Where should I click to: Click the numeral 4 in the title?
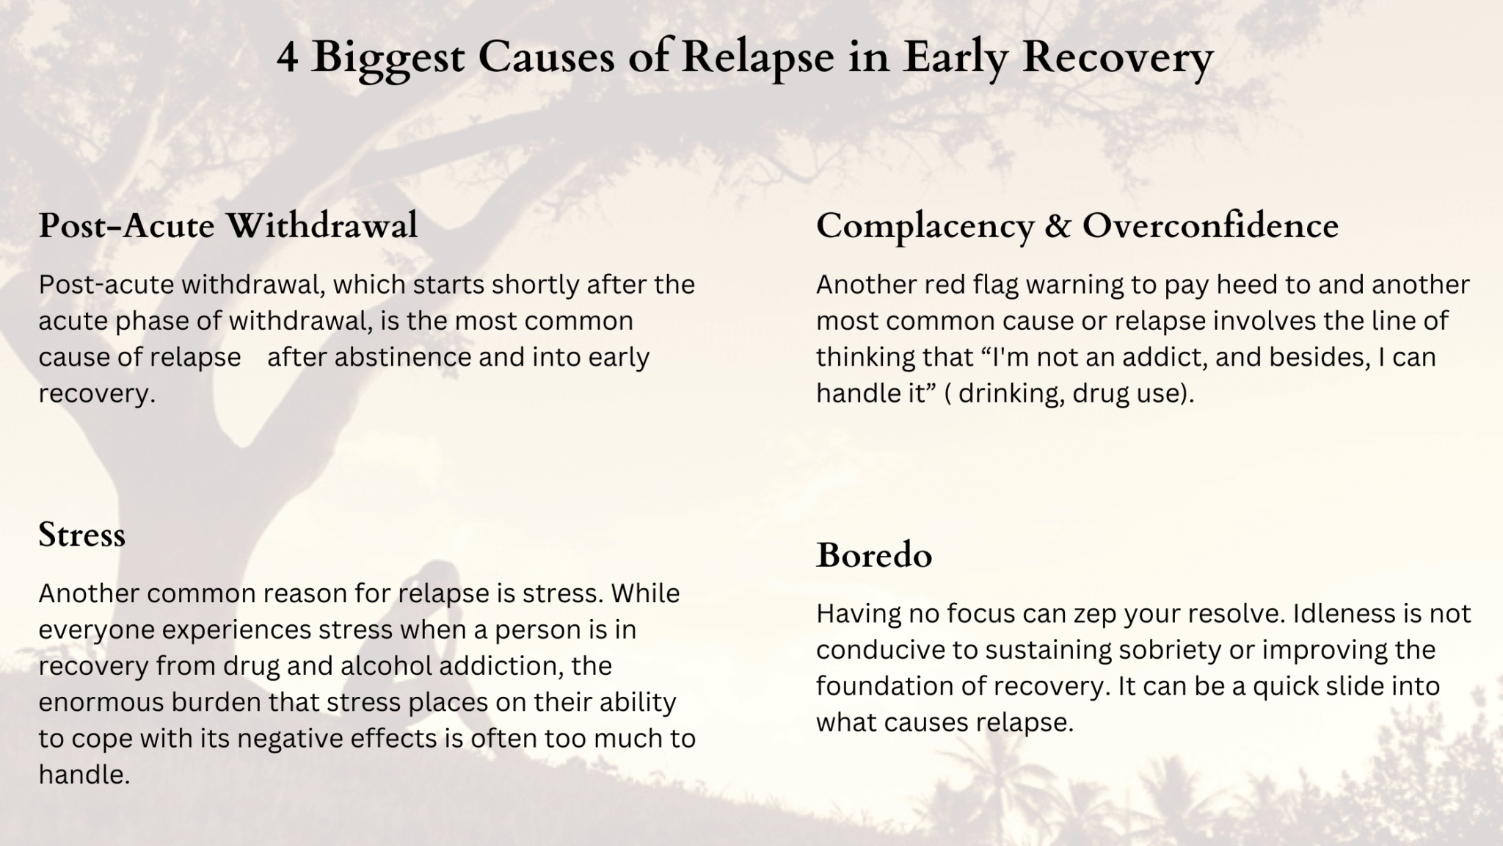(288, 58)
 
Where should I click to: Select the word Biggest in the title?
(387, 58)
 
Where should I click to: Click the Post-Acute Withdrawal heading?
(228, 225)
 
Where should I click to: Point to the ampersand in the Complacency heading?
(1058, 225)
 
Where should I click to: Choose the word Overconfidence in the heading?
(1210, 225)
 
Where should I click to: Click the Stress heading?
(81, 535)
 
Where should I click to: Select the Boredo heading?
(874, 555)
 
